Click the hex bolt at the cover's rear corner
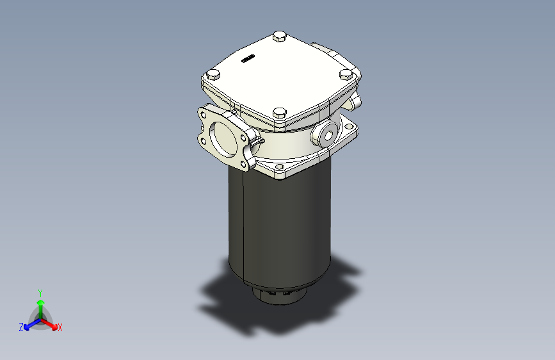(x=279, y=37)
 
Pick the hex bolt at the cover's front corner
(x=279, y=114)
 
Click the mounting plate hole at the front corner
(x=279, y=170)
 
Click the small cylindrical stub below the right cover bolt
(x=354, y=101)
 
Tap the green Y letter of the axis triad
(x=40, y=291)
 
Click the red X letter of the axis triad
(x=60, y=328)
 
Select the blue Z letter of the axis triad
(x=20, y=327)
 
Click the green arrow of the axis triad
(x=40, y=304)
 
